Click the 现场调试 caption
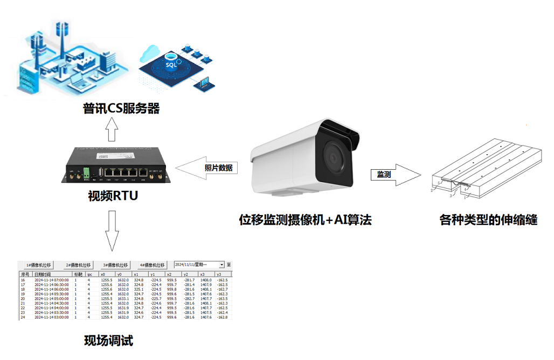coord(108,341)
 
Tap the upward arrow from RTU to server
coord(111,129)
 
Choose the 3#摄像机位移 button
coord(115,265)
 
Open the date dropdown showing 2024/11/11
coord(199,265)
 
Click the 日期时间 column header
coord(43,274)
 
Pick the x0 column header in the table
coord(103,274)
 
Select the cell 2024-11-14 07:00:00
coord(52,280)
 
